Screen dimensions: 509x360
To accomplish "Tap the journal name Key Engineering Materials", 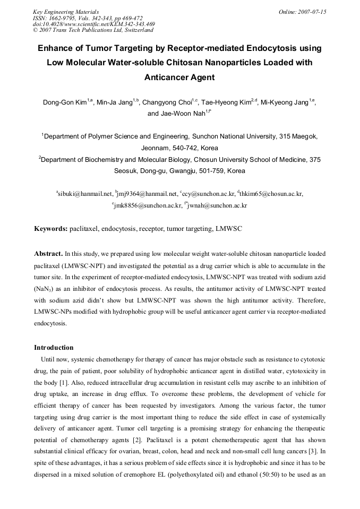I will [66, 12].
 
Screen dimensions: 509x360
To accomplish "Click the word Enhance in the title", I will [56, 48].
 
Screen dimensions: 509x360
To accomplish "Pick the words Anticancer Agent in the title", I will [179, 77].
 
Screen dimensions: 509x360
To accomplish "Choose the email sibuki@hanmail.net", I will [85, 194].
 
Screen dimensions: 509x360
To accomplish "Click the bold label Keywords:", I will [51, 229].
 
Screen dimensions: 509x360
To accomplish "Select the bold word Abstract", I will [48, 254].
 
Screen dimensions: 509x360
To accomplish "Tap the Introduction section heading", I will [54, 348].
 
